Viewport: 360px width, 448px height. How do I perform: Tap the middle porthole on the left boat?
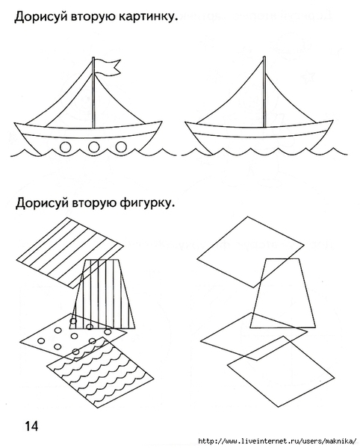tap(93, 147)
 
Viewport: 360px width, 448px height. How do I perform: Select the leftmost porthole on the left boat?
tap(66, 147)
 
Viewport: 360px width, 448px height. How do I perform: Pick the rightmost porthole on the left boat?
tap(121, 147)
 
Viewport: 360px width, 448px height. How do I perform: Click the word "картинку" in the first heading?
tap(148, 17)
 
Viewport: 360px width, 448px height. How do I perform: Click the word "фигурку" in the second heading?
tap(147, 203)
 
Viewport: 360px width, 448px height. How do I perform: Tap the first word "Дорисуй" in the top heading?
tap(41, 17)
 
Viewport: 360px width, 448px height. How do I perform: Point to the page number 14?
tap(31, 426)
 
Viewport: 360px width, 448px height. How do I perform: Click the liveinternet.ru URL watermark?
tap(277, 441)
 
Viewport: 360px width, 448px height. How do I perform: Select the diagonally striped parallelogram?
tap(70, 253)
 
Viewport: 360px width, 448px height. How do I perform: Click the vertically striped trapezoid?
tap(103, 294)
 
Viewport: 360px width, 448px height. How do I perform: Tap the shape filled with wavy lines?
tap(100, 372)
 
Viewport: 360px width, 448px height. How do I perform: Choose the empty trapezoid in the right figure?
tap(283, 293)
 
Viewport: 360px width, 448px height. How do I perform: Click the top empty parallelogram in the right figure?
tap(250, 252)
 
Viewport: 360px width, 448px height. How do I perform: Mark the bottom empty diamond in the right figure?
tap(281, 371)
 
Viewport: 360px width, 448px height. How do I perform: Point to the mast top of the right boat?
tap(264, 57)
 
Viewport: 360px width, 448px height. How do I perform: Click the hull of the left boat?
tap(89, 137)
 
